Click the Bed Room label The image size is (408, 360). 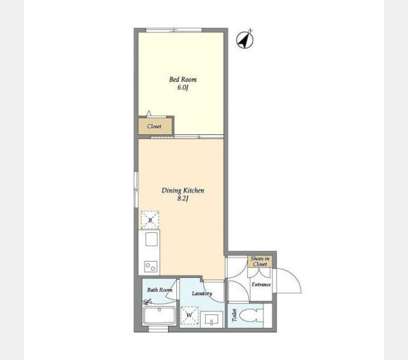click(x=183, y=79)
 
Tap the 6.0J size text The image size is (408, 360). click(x=182, y=88)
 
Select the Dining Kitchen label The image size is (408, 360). click(x=183, y=191)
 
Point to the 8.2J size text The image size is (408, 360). click(x=182, y=199)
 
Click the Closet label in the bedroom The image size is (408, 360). click(x=154, y=127)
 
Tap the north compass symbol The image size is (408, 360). click(x=245, y=40)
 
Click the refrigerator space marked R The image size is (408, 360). click(x=150, y=220)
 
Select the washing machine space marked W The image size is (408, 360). click(x=190, y=315)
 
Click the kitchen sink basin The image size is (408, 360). click(x=151, y=239)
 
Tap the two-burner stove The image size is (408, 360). click(x=151, y=267)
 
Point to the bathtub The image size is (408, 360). click(x=160, y=316)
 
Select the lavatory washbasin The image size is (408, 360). click(x=212, y=319)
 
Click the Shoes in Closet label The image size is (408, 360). click(x=260, y=262)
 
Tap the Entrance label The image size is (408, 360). click(x=261, y=284)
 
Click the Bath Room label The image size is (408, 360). click(x=160, y=290)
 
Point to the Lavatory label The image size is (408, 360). click(x=202, y=293)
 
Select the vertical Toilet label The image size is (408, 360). click(x=235, y=315)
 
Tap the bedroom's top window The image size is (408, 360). click(x=174, y=30)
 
